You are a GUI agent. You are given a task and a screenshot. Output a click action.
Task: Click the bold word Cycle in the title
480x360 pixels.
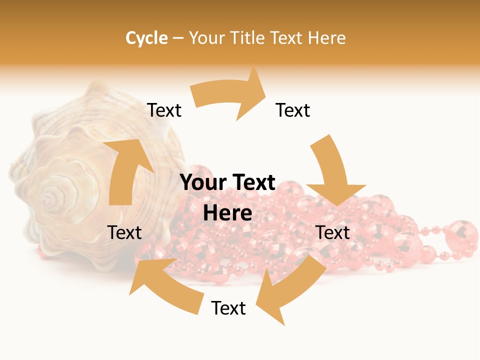[x=146, y=38]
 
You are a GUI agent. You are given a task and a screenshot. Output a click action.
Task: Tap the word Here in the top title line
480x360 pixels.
[x=327, y=38]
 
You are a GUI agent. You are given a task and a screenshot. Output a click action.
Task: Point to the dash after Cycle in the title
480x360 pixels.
[x=178, y=38]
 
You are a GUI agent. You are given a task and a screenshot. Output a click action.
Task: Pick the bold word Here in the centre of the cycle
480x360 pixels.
[x=227, y=213]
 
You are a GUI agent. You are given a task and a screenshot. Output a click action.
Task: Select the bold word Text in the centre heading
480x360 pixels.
[x=251, y=183]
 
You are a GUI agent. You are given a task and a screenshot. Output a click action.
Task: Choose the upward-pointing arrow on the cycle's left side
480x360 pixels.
[x=125, y=170]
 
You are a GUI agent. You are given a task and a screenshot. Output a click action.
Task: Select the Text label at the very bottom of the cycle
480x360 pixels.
[x=228, y=308]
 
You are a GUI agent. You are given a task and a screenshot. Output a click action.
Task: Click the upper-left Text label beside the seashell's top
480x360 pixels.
[x=164, y=110]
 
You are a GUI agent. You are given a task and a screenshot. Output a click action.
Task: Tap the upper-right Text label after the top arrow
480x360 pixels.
[x=293, y=110]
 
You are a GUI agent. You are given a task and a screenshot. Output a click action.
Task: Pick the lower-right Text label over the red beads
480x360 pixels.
[x=333, y=232]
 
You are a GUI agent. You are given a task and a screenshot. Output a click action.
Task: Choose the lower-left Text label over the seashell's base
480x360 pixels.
[x=124, y=232]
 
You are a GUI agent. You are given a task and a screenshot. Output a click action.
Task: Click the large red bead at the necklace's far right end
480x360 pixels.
[x=460, y=232]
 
